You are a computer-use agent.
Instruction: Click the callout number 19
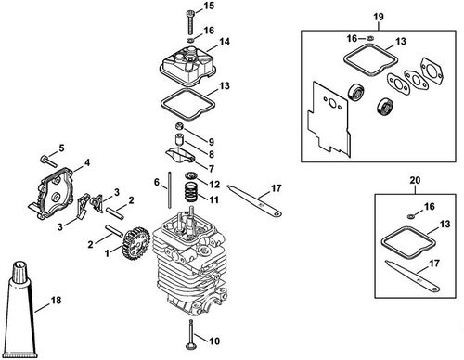(379, 17)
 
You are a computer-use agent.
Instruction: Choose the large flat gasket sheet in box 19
(329, 116)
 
